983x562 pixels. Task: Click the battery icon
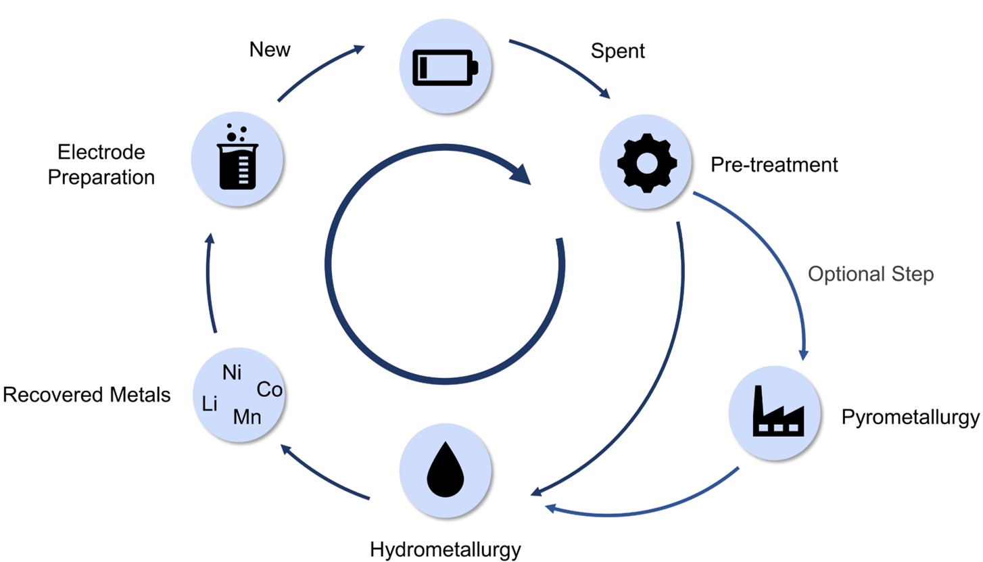pos(446,68)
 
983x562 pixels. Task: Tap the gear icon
pos(647,163)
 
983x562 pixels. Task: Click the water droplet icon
pos(446,469)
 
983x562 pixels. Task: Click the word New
pos(270,49)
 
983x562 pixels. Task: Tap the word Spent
pos(617,51)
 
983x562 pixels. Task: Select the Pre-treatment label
pos(774,165)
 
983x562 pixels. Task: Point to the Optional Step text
pos(871,275)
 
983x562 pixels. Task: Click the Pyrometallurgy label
pos(910,417)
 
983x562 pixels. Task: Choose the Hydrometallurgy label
pos(445,550)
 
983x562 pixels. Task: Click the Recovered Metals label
pos(87,395)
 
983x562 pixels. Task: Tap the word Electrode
pos(101,152)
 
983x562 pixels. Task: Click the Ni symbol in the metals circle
pos(232,373)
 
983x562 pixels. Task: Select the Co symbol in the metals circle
pos(269,390)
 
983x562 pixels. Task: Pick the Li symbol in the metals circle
pos(210,404)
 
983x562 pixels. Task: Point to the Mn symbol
pos(247,417)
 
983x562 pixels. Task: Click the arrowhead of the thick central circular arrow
pos(521,174)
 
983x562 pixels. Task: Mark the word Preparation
pos(101,178)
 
